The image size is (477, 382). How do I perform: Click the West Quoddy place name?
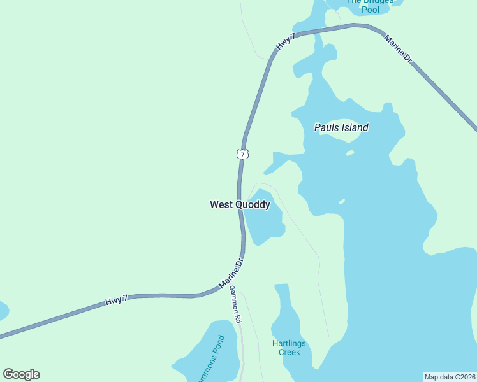pos(240,204)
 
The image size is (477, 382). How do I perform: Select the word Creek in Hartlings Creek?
pos(289,352)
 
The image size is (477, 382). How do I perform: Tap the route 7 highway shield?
pos(241,154)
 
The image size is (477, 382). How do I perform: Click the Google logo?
pos(21,374)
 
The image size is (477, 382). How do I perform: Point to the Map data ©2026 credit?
pos(450,376)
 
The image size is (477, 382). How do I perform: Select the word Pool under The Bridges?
pos(370,10)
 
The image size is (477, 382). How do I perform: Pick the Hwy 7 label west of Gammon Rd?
pos(117,300)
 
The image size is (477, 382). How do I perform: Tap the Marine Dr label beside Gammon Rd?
pos(231,273)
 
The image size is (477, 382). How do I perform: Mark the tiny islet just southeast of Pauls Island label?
pos(349,153)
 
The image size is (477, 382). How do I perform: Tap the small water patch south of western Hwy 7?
pos(3,311)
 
